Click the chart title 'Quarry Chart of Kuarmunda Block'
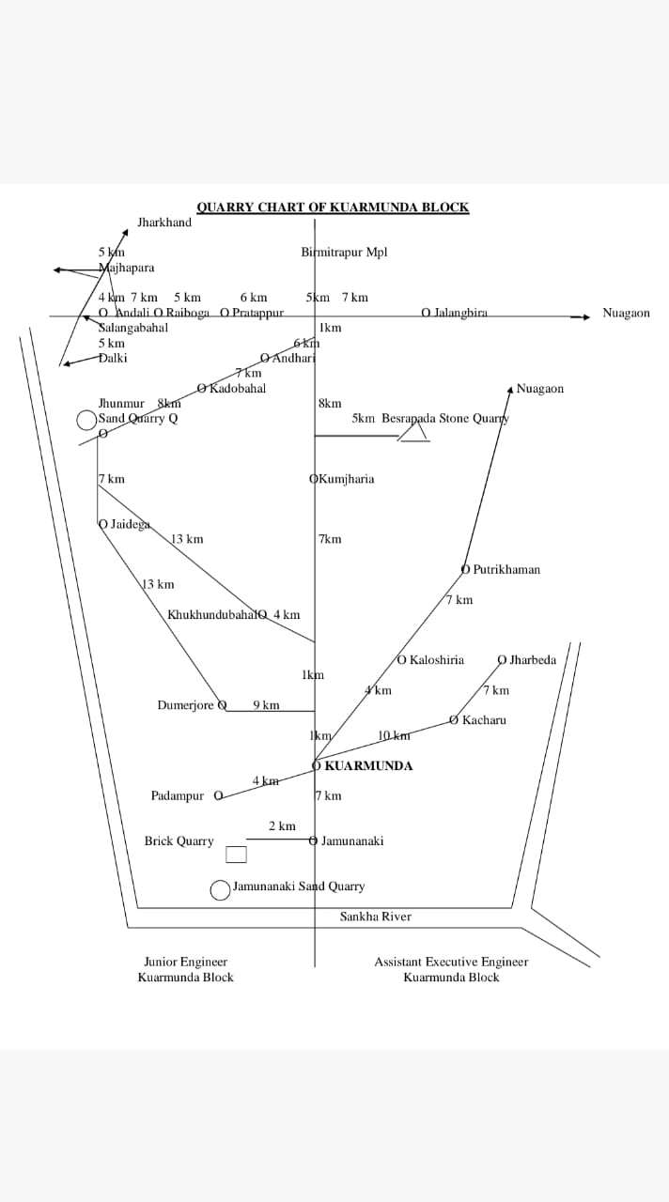coord(333,208)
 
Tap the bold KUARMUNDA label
coord(368,765)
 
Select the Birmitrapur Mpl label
coord(344,252)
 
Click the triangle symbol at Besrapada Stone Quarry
coord(413,431)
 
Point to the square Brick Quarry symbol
coord(236,855)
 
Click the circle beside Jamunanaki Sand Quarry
coord(220,889)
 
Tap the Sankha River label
coord(375,917)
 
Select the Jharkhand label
coord(164,223)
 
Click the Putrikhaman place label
coord(506,569)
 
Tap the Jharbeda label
coord(532,660)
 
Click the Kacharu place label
coord(484,720)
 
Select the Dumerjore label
coord(187,705)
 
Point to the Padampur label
coord(177,796)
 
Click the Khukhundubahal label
coord(212,615)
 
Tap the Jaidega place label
coord(130,524)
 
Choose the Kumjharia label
coord(346,479)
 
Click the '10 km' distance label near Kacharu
coord(394,735)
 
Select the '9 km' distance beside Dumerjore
coord(266,705)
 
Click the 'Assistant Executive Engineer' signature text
coord(451,962)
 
